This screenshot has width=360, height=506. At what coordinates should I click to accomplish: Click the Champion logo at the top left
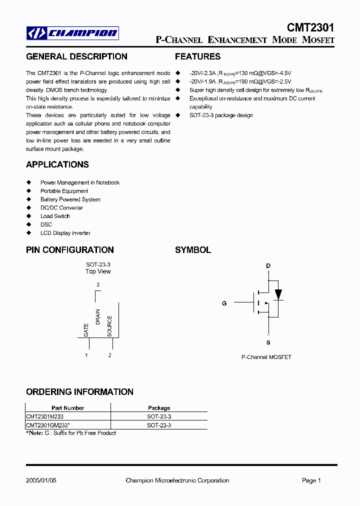click(x=72, y=33)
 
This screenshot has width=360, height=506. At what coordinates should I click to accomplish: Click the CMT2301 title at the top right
click(x=310, y=27)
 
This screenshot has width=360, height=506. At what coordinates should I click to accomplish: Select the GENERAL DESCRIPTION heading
click(x=76, y=56)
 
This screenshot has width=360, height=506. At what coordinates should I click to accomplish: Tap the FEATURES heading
click(x=197, y=56)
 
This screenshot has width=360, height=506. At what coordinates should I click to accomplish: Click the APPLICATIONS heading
click(x=57, y=164)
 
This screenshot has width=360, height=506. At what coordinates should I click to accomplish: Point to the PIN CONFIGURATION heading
click(x=70, y=249)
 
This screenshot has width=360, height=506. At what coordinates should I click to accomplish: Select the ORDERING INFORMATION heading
click(x=79, y=391)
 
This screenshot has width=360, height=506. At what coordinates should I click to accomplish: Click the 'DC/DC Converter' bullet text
click(x=61, y=207)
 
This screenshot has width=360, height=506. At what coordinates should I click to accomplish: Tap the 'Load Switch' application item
click(x=55, y=216)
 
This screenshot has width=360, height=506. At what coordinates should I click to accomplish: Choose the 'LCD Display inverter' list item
click(x=65, y=233)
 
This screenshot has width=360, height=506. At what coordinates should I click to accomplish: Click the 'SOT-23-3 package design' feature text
click(x=221, y=115)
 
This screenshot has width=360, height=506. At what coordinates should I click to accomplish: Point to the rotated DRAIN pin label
click(x=98, y=317)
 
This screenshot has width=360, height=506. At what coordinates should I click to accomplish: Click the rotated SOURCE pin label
click(x=110, y=325)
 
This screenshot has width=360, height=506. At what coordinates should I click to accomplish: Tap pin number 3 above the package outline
click(x=98, y=284)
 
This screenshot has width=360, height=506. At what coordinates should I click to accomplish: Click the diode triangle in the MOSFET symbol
click(x=278, y=293)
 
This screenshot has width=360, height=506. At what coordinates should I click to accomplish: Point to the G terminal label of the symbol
click(x=224, y=303)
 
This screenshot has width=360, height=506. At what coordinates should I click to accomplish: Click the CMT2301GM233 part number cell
click(x=48, y=425)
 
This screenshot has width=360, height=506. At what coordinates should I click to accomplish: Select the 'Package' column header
click(x=159, y=408)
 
